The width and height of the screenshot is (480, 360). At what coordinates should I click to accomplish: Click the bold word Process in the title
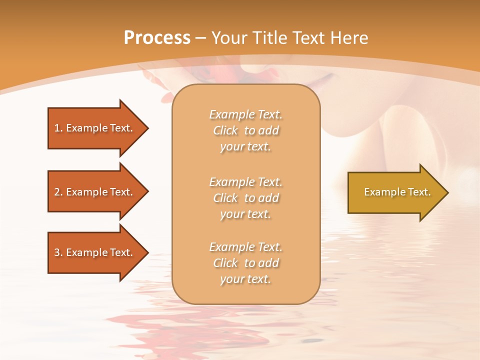157,38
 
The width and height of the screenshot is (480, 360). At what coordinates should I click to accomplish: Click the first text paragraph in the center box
245,130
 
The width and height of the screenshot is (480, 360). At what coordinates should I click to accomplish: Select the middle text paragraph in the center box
245,198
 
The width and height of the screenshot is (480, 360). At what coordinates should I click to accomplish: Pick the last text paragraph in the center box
245,263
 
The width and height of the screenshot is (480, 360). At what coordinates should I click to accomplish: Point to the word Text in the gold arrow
419,192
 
